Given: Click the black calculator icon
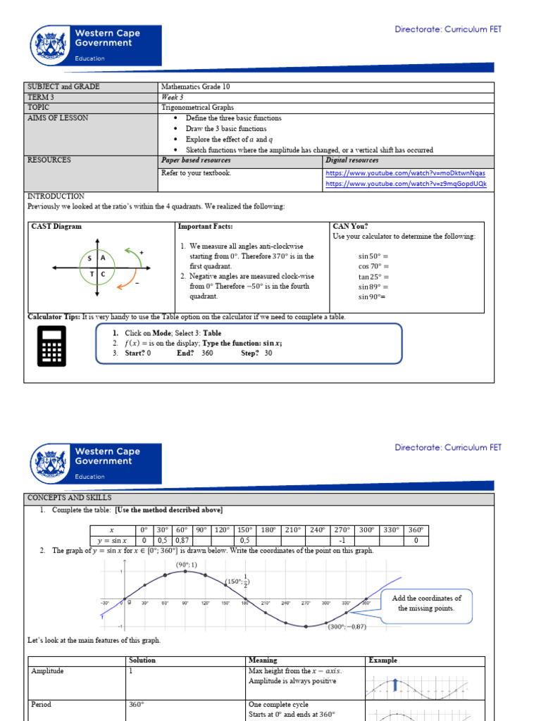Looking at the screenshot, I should coord(51,346).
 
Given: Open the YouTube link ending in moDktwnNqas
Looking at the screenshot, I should coord(405,173).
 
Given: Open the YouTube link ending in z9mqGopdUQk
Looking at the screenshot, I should coord(406,184).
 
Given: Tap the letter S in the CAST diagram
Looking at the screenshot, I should coord(90,259).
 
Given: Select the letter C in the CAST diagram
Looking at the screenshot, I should coord(104,274).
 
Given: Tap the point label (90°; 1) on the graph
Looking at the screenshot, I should coord(186,565).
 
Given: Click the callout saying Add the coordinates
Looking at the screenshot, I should coord(426,603).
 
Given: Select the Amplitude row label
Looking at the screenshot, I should coord(47,671).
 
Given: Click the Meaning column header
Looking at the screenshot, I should coord(263,660).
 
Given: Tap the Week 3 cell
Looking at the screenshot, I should coord(172,97).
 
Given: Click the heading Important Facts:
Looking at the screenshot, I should coord(205,227).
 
